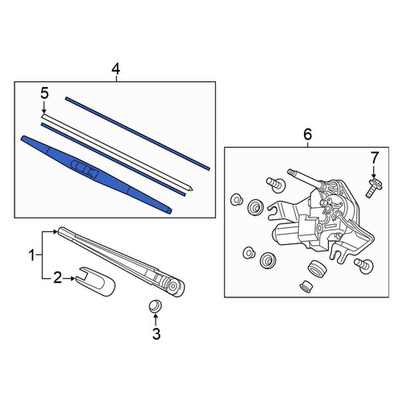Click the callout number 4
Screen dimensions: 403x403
[x=116, y=69]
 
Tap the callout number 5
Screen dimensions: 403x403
[x=44, y=93]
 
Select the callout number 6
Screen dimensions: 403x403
[x=308, y=135]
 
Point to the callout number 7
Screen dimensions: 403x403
[x=374, y=157]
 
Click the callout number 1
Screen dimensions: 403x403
[x=32, y=256]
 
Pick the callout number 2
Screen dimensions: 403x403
[x=57, y=278]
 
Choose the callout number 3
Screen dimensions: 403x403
[x=156, y=334]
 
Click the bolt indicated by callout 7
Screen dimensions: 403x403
[x=374, y=188]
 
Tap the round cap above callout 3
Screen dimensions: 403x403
[x=156, y=305]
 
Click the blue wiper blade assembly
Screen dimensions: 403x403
[x=96, y=174]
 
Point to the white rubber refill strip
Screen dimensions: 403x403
[x=117, y=152]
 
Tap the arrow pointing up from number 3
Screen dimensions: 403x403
[x=156, y=320]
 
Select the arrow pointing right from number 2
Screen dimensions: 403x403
[x=69, y=279]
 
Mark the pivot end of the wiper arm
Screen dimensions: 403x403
[x=175, y=287]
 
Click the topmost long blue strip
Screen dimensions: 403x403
[x=137, y=134]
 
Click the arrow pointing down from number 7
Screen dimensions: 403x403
[x=374, y=172]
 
